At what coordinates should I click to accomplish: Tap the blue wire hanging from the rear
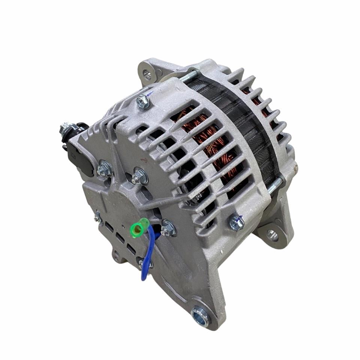click(x=147, y=255)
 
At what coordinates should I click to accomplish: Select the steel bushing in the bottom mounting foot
click(x=201, y=315)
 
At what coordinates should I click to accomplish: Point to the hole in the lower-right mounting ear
click(x=272, y=235)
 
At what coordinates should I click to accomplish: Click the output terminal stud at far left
click(x=64, y=129)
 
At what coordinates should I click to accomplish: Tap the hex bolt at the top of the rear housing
click(x=143, y=102)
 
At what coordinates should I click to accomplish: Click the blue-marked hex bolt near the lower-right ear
click(x=236, y=223)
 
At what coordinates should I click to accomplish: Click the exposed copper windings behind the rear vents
click(x=210, y=142)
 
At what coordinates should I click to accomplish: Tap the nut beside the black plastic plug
click(x=104, y=169)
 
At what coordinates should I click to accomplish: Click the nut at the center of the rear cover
click(x=139, y=176)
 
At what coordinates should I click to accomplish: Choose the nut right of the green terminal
click(x=168, y=228)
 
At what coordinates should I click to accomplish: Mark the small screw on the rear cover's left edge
click(x=98, y=217)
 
